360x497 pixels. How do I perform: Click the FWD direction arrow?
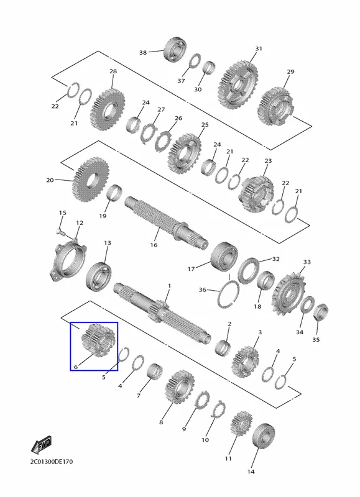[41, 445]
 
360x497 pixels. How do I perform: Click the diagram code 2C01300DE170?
[52, 462]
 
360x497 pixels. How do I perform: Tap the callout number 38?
[143, 52]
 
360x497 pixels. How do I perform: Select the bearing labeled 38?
[175, 50]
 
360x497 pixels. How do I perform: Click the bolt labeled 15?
[61, 233]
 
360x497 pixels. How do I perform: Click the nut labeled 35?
[321, 312]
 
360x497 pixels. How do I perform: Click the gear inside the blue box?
[97, 340]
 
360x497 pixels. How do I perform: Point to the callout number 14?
[251, 472]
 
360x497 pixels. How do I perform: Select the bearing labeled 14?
[264, 436]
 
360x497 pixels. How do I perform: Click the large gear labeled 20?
[91, 180]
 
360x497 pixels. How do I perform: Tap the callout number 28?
[113, 71]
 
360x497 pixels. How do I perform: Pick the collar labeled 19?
[115, 193]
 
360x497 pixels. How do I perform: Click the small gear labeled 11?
[242, 424]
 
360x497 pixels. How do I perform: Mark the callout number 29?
[291, 72]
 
